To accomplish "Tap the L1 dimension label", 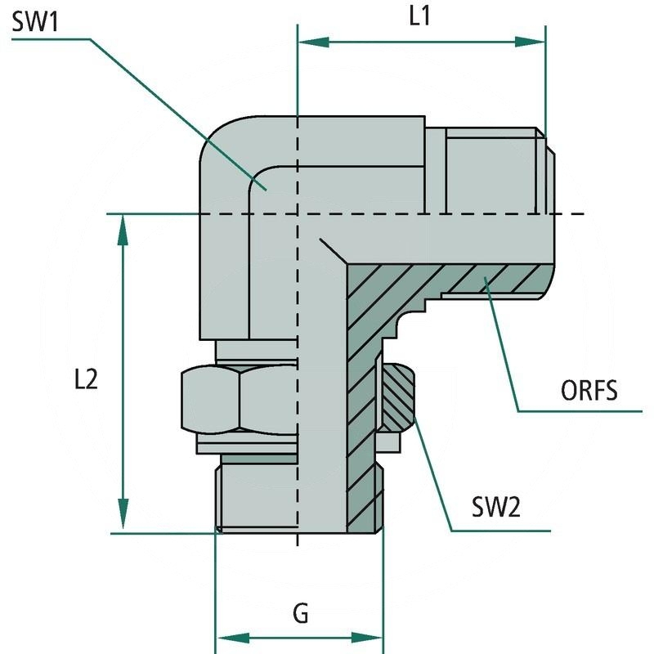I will pos(420,18).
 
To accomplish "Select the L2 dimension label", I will pos(85,379).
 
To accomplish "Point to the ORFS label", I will pos(588,391).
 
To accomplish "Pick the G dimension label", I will pos(301,613).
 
